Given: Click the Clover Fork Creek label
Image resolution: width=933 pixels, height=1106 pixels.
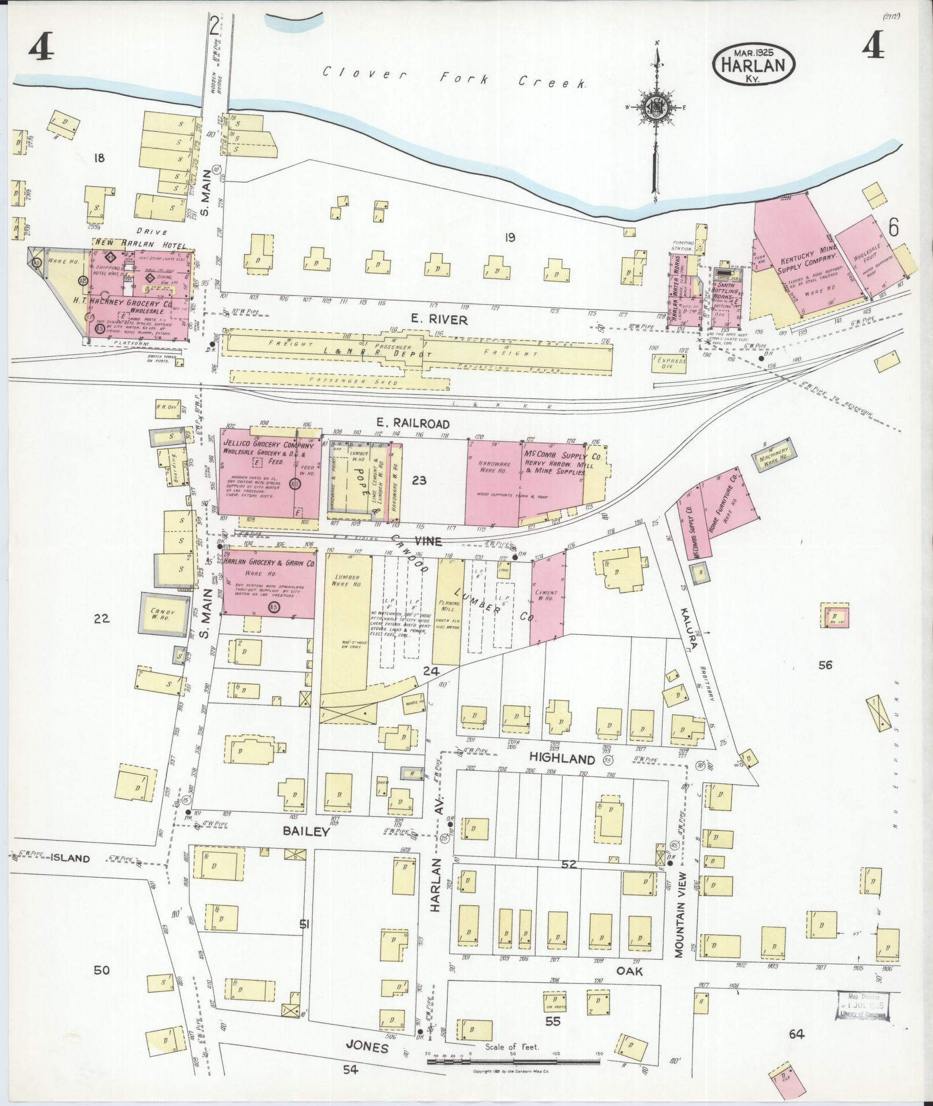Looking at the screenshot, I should click(454, 77).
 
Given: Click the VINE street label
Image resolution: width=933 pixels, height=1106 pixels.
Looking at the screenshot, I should click(427, 541).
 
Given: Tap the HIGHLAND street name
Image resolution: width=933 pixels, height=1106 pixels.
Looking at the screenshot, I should click(562, 759).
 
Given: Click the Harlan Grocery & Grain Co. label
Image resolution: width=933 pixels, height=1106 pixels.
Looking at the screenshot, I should click(269, 562).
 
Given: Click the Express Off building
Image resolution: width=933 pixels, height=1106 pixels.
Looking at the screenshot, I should click(671, 363).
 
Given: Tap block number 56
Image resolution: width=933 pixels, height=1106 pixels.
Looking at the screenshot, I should click(825, 665).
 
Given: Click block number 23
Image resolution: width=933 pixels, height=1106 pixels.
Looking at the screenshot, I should click(419, 479).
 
